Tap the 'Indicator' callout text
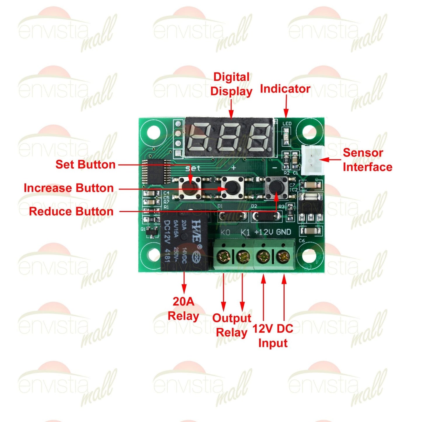[285, 89]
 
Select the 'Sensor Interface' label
[367, 160]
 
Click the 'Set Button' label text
[86, 164]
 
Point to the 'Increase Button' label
[69, 188]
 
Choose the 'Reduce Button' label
[71, 211]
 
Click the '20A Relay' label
[183, 309]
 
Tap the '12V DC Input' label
[273, 336]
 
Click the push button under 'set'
[190, 187]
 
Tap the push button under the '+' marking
[232, 187]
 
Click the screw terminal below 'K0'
[224, 257]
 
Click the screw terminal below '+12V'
[263, 257]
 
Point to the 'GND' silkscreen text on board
[284, 232]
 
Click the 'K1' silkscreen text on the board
[245, 232]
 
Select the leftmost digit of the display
[201, 137]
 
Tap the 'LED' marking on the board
[287, 124]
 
